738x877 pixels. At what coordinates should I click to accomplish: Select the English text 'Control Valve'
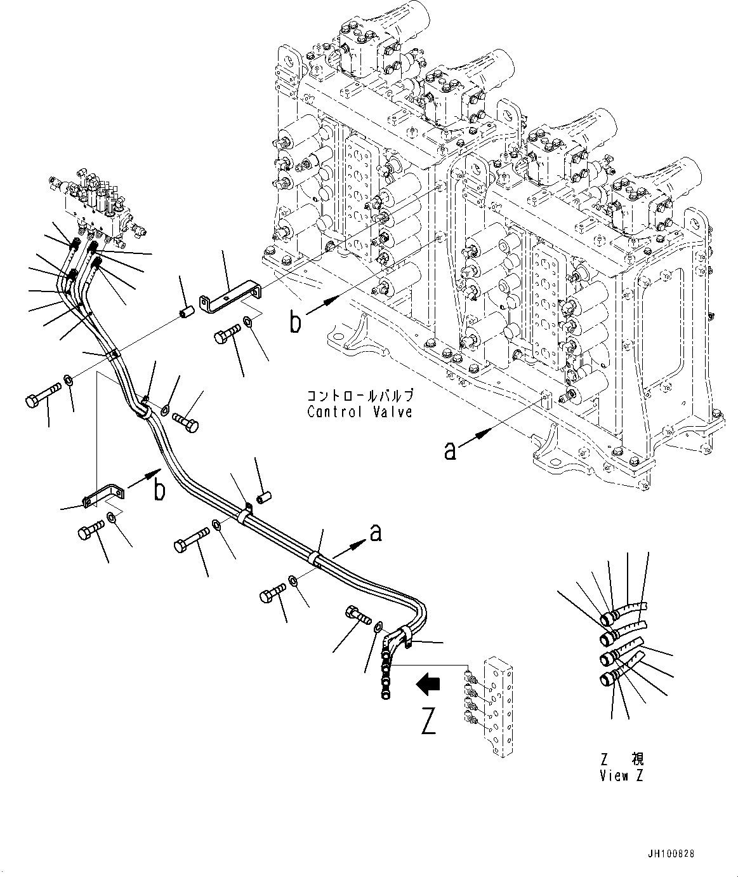[x=360, y=412]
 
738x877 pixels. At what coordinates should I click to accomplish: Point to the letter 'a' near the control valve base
[x=450, y=452]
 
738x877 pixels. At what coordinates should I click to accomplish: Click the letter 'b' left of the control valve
[x=296, y=323]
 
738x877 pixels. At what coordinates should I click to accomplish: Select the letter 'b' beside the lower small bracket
[x=161, y=490]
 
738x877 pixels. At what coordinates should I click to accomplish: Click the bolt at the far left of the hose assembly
[x=43, y=401]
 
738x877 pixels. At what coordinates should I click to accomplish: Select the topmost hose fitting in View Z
[x=610, y=617]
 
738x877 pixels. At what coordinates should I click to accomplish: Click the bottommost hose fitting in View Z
[x=609, y=679]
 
